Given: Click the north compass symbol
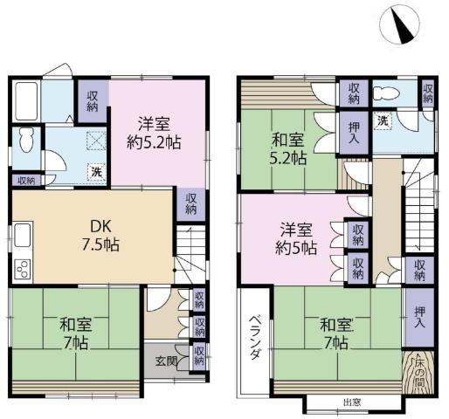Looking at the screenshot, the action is point(399,24).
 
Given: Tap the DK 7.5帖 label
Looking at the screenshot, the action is point(100,235).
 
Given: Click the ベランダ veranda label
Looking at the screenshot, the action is point(255,337).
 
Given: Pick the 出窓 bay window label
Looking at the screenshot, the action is point(352,402).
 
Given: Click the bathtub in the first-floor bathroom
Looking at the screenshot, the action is point(26,101).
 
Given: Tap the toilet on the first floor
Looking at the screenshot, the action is point(27,140).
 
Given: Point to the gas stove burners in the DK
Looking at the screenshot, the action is point(23,269).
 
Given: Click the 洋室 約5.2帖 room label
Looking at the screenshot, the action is point(154,133).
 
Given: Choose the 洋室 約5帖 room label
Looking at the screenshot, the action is point(296,239).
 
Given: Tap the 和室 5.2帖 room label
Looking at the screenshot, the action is point(288,148).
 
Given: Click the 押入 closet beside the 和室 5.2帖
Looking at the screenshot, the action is point(354,133).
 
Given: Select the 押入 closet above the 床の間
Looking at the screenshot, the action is point(419,317).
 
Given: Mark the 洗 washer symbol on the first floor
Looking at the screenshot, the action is point(96,172).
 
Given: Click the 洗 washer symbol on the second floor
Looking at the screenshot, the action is point(383,120).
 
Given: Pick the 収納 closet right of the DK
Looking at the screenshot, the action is point(191,204).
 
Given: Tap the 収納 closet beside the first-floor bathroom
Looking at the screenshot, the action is point(93,101).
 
